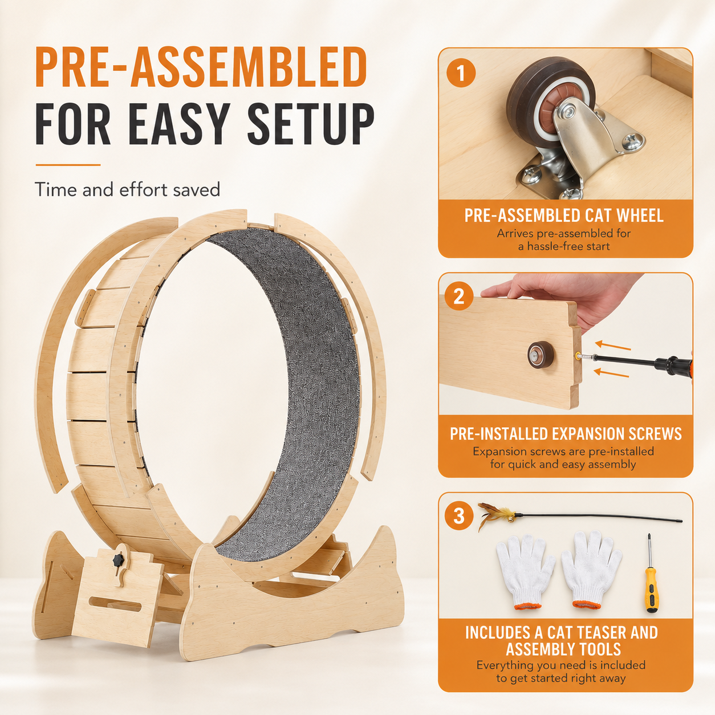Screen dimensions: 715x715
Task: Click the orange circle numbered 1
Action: click(461, 73)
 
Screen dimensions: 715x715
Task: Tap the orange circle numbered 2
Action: click(459, 296)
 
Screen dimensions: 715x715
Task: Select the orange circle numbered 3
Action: click(459, 516)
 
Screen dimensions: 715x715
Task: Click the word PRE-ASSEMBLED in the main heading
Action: click(201, 67)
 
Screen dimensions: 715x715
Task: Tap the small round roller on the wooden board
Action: click(541, 355)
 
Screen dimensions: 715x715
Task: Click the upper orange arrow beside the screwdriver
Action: click(612, 346)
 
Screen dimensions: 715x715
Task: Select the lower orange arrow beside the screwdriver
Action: click(611, 372)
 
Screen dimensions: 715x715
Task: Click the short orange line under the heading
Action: click(68, 165)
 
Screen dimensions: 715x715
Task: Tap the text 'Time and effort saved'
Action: click(127, 190)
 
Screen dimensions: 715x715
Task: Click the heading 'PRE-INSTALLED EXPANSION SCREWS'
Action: click(566, 434)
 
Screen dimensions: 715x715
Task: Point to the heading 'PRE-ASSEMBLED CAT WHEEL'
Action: click(564, 216)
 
